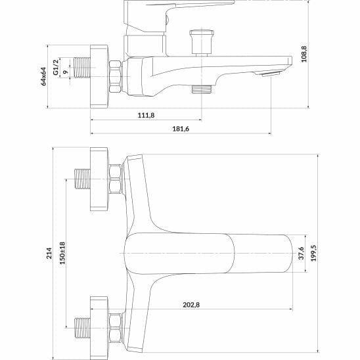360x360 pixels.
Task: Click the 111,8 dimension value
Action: pyautogui.click(x=145, y=116)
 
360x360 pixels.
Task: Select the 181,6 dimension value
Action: pyautogui.click(x=180, y=129)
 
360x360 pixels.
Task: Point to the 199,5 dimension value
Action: pyautogui.click(x=313, y=254)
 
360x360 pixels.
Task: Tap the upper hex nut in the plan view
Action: pyautogui.click(x=116, y=179)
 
